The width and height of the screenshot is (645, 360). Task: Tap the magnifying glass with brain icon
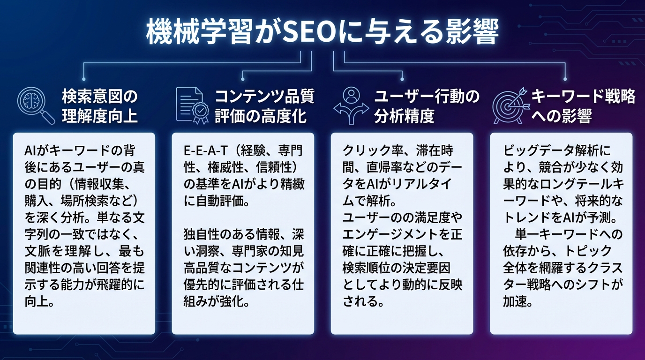click(x=36, y=105)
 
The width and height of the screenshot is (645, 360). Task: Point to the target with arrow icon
click(x=510, y=105)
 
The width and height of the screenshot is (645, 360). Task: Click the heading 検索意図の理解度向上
click(x=100, y=106)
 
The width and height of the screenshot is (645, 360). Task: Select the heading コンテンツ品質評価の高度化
click(x=264, y=106)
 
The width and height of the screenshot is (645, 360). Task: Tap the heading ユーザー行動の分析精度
click(x=427, y=106)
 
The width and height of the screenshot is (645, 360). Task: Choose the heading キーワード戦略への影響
click(x=583, y=106)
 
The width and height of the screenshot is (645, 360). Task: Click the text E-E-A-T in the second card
click(x=204, y=151)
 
